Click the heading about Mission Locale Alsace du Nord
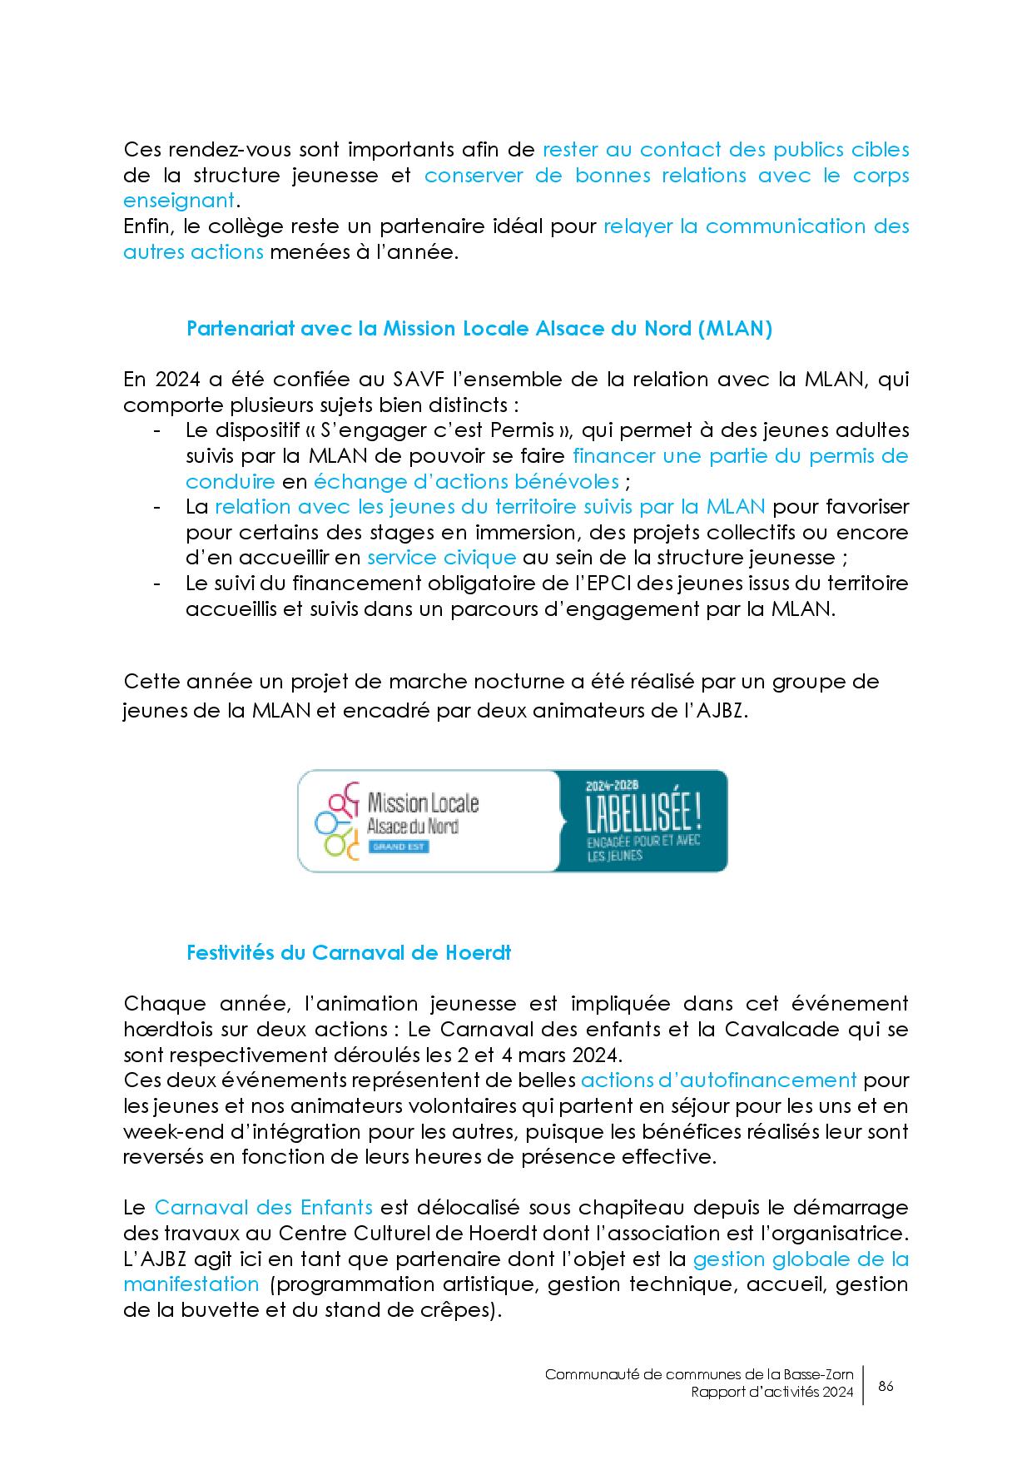(x=479, y=329)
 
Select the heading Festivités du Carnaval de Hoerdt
(x=349, y=953)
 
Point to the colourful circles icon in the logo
(x=337, y=820)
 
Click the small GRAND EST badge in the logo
(x=398, y=847)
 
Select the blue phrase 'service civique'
(x=441, y=558)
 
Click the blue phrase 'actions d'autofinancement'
(x=718, y=1080)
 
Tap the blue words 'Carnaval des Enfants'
(x=263, y=1208)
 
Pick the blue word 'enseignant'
(x=178, y=201)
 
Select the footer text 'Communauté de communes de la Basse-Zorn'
(x=699, y=1375)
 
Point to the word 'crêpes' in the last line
(x=458, y=1310)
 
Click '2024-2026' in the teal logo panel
(x=610, y=786)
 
